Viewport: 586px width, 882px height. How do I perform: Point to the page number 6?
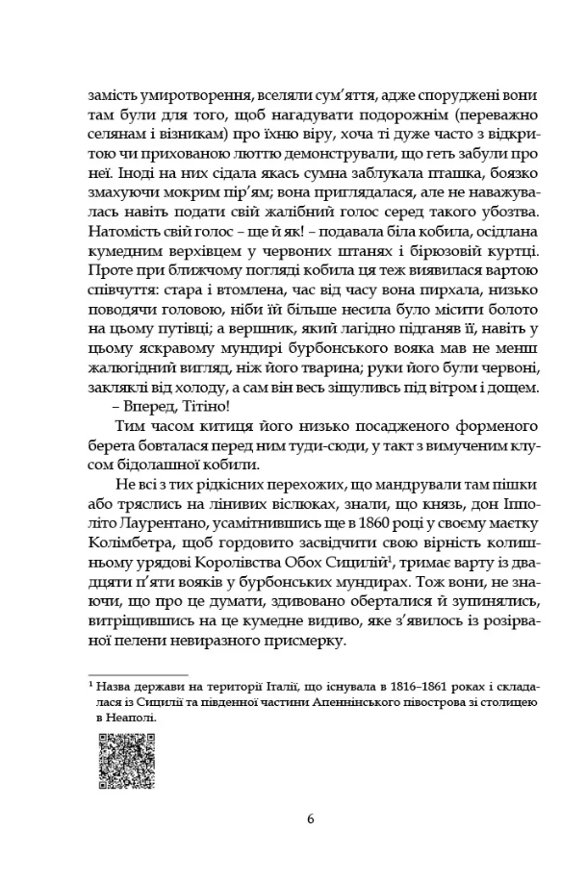(310, 819)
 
